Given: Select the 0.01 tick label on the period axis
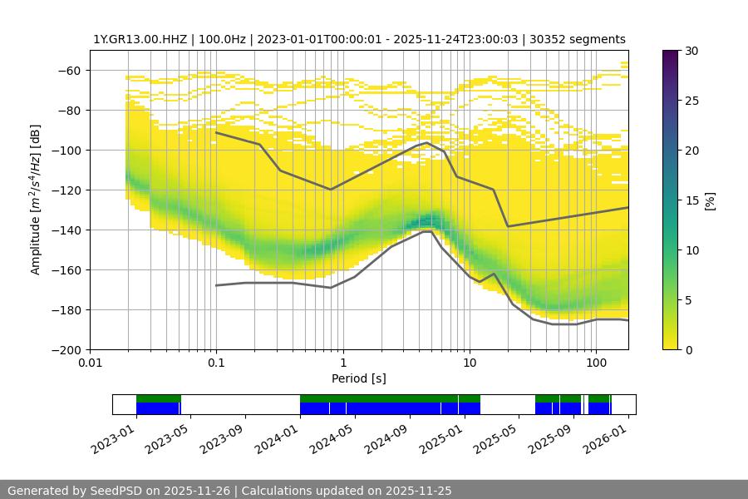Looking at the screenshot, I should pyautogui.click(x=90, y=363).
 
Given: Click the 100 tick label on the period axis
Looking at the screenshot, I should pyautogui.click(x=595, y=363).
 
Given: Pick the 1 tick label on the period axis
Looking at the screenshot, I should pyautogui.click(x=342, y=363).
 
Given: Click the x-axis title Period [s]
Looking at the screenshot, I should pyautogui.click(x=358, y=378).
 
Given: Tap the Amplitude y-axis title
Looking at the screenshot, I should pyautogui.click(x=36, y=200).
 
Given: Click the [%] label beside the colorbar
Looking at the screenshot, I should pyautogui.click(x=709, y=200).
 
